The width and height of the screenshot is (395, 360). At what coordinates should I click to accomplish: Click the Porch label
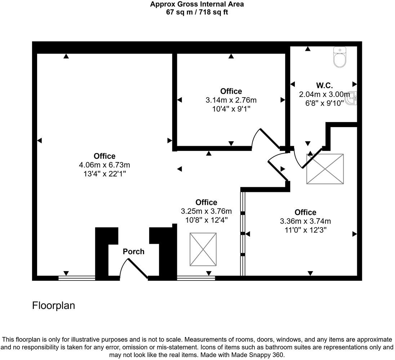pyautogui.click(x=133, y=251)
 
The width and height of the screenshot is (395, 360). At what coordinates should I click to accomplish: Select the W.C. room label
pyautogui.click(x=324, y=86)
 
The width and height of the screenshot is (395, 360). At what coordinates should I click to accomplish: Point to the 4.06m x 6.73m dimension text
pyautogui.click(x=104, y=165)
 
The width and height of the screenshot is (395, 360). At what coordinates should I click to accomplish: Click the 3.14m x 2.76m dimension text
pyautogui.click(x=231, y=100)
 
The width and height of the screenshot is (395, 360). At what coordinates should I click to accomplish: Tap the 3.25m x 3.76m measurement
pyautogui.click(x=206, y=211)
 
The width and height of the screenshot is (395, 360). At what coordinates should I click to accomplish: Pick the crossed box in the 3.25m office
pyautogui.click(x=203, y=249)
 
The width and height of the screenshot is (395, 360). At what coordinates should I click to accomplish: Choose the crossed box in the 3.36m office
pyautogui.click(x=325, y=169)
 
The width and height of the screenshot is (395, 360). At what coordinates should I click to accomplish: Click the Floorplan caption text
pyautogui.click(x=54, y=306)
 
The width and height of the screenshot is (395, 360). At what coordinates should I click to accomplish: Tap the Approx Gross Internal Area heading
pyautogui.click(x=197, y=4)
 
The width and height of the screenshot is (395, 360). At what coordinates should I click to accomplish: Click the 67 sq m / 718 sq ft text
pyautogui.click(x=197, y=12)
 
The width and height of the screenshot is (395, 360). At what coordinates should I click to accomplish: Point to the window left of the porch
pyautogui.click(x=76, y=278)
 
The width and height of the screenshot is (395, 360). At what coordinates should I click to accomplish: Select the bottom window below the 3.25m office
pyautogui.click(x=196, y=278)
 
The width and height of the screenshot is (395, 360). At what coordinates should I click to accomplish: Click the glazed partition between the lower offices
pyautogui.click(x=243, y=234)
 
